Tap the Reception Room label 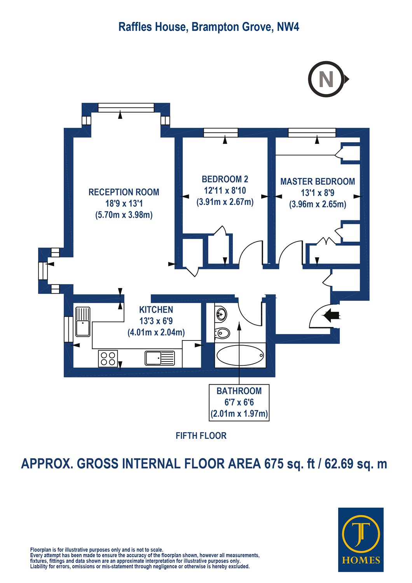click(x=124, y=192)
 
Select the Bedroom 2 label click(x=225, y=179)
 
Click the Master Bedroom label click(x=318, y=182)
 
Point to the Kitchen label click(x=156, y=309)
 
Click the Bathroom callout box click(x=239, y=402)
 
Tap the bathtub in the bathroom click(x=240, y=355)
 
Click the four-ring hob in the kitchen click(x=108, y=359)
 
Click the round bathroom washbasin click(x=220, y=314)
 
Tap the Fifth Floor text click(x=201, y=436)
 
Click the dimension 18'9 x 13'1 click(x=124, y=204)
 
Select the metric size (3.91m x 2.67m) click(x=225, y=202)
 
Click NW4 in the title click(x=288, y=27)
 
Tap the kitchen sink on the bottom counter click(x=160, y=358)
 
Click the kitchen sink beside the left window click(x=83, y=322)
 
